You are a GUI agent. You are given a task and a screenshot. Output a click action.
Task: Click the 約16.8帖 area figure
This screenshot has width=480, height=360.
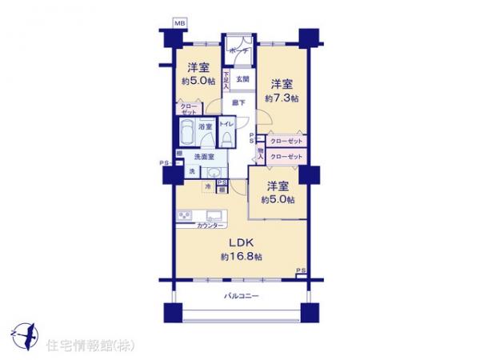pyautogui.click(x=242, y=256)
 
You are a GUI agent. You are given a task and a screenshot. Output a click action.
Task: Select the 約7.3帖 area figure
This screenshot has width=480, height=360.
pyautogui.click(x=282, y=98)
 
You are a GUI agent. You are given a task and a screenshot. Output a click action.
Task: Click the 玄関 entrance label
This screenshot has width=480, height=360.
pyautogui.click(x=242, y=78)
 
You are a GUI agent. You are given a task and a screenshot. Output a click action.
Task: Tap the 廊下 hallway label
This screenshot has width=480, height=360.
pyautogui.click(x=238, y=102)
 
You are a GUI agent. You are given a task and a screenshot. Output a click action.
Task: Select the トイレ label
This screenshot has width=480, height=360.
pyautogui.click(x=226, y=125)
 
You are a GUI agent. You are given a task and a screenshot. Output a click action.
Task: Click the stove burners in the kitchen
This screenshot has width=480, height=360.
pyautogui.click(x=186, y=216)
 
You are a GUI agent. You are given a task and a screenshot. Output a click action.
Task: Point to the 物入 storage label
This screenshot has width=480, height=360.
pyautogui.click(x=260, y=153)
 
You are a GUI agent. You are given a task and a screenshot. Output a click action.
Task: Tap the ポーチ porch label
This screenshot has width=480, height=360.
pyautogui.click(x=238, y=50)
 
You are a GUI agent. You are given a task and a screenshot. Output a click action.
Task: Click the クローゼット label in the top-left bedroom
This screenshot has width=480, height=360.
pyautogui.click(x=189, y=109)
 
